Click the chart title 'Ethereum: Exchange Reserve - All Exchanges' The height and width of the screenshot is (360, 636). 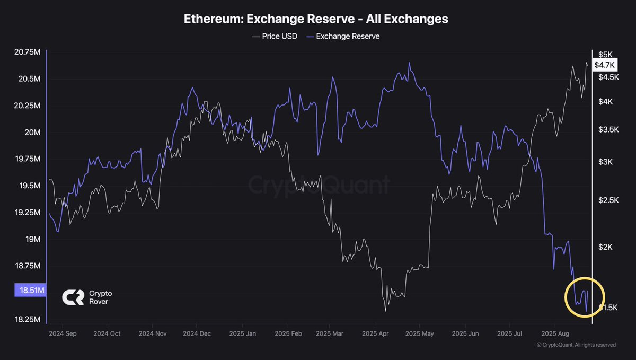pos(316,19)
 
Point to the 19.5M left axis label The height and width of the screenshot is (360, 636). pos(27,186)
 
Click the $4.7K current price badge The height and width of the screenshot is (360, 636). pos(604,65)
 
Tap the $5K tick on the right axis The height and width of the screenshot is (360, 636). pos(605,54)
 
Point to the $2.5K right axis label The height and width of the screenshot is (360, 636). pos(608,200)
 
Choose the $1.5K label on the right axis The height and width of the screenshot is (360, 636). pos(608,308)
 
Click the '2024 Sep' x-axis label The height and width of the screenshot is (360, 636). pos(63,333)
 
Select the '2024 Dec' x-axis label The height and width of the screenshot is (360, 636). pos(197,333)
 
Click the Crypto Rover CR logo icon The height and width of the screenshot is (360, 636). pos(73,297)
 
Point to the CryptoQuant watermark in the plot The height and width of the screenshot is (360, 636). pos(319,185)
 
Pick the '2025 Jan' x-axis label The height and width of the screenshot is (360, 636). pos(242,333)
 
